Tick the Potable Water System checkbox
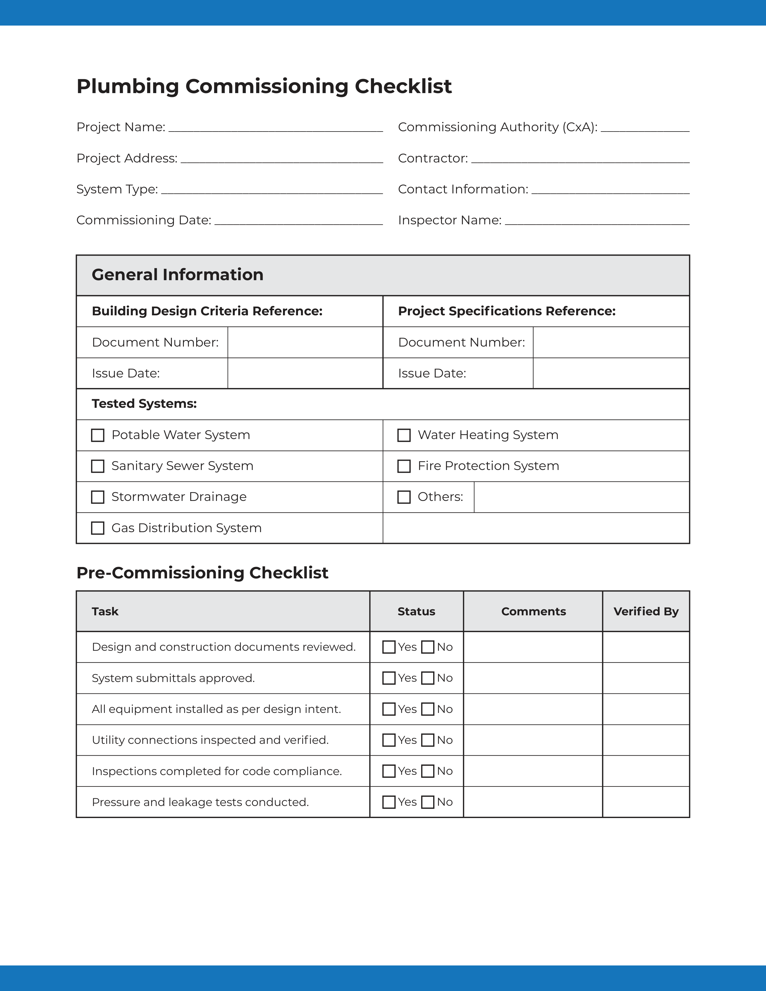(x=98, y=435)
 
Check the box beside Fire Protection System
(x=404, y=466)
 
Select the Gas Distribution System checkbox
(x=98, y=528)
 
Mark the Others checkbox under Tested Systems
(x=404, y=497)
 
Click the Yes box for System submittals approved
(x=389, y=678)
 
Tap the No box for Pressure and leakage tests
(x=427, y=802)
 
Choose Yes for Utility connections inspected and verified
(x=389, y=740)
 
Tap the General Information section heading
(x=178, y=275)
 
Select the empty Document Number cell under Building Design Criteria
(x=305, y=343)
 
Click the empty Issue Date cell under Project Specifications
(x=611, y=374)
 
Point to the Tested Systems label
(x=144, y=404)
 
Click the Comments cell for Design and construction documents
(x=533, y=647)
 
